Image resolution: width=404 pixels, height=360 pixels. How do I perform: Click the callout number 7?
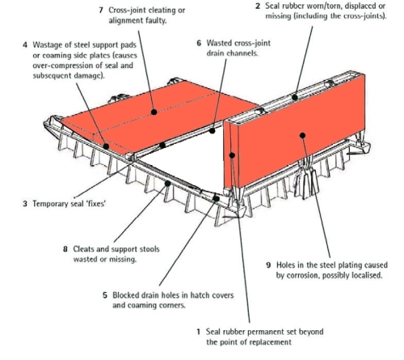[101, 9]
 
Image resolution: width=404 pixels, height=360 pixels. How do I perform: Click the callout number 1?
[199, 331]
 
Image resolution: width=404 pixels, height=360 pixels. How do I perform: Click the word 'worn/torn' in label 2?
[322, 5]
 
